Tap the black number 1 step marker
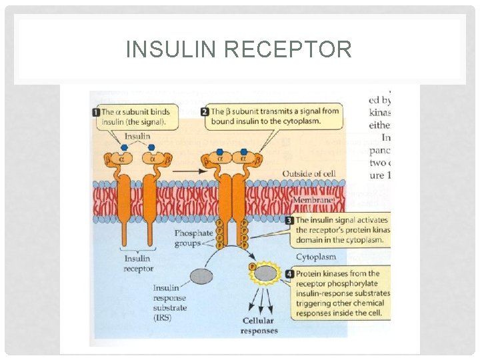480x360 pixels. [x=95, y=112]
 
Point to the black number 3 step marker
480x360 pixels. [x=289, y=220]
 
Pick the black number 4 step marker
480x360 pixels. [x=289, y=273]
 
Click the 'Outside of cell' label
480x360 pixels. [x=309, y=174]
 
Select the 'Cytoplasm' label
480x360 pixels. [x=315, y=257]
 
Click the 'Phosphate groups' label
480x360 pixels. [x=193, y=238]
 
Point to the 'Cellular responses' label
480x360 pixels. [x=259, y=325]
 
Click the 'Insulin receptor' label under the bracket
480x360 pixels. [x=138, y=263]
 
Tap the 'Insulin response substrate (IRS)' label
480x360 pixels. [x=170, y=303]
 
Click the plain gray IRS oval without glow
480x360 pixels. [x=203, y=275]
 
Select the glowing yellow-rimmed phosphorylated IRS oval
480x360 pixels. [x=265, y=273]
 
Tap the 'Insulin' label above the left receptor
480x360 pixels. [x=137, y=136]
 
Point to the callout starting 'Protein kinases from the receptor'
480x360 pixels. [x=341, y=293]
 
